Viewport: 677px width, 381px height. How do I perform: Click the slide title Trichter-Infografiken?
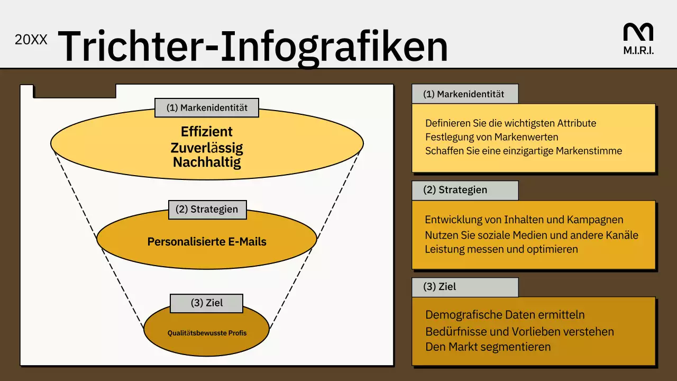252,47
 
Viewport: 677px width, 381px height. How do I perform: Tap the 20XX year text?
31,40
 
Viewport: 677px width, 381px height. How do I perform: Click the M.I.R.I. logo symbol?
638,32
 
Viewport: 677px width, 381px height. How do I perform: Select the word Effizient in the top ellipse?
207,131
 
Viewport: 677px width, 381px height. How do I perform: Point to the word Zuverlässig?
207,147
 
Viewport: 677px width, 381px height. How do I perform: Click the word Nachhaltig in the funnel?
207,162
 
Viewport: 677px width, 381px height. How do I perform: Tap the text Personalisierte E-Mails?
207,242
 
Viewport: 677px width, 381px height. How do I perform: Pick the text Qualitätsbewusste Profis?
207,333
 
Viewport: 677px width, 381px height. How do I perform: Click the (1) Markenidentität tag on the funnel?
207,107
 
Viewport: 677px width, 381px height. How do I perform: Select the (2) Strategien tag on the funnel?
207,209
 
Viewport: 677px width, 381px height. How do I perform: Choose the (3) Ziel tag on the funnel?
207,303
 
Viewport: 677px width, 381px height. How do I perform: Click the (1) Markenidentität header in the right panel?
464,94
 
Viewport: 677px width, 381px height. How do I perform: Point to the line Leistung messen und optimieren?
501,249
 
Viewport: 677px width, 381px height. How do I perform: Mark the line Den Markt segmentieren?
488,347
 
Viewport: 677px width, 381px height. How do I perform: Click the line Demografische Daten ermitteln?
505,315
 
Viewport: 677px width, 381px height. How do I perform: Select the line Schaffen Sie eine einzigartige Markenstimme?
524,151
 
